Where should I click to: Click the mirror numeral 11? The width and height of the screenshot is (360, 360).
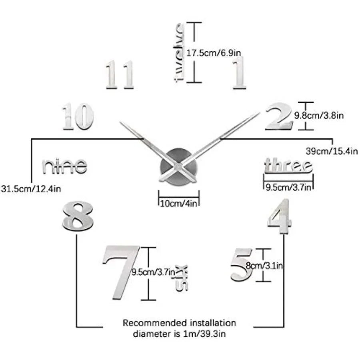[x=120, y=74]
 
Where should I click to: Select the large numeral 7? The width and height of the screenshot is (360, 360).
[x=121, y=272]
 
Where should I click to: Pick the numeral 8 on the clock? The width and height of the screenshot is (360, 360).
[x=78, y=216]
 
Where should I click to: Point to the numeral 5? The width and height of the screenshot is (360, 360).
[x=242, y=265]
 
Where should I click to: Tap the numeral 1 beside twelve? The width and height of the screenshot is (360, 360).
[x=239, y=73]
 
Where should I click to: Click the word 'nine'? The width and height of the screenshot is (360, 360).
[x=65, y=166]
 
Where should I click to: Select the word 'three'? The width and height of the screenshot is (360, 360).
[x=288, y=165]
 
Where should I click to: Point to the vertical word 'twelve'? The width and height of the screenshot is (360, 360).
[x=179, y=52]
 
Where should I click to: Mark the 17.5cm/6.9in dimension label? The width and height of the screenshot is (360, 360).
[x=214, y=53]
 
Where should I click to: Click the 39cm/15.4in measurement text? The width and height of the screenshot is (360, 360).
[x=332, y=151]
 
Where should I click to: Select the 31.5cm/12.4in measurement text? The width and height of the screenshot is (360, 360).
[x=31, y=189]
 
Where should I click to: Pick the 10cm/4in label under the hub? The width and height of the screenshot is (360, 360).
[x=179, y=204]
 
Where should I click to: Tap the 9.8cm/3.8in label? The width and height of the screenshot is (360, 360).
[x=319, y=116]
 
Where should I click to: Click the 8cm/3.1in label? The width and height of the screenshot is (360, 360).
[x=264, y=266]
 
